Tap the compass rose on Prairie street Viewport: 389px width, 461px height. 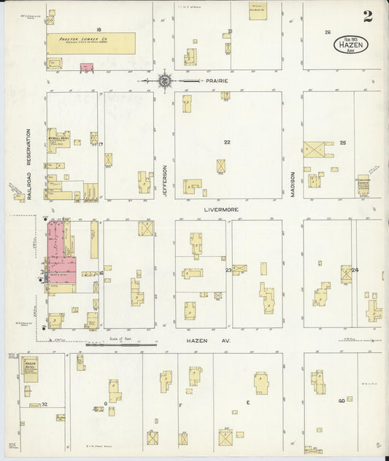tap(165, 80)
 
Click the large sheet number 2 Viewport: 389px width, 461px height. tap(367, 16)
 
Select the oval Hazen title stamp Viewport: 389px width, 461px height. tap(352, 44)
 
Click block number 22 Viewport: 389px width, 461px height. tap(227, 142)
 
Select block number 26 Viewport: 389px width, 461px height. tap(328, 32)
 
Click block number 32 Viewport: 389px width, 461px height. tap(45, 403)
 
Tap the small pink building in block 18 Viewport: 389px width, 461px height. tap(85, 67)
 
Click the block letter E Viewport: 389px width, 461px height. tap(248, 403)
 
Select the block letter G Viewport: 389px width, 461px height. tap(105, 403)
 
